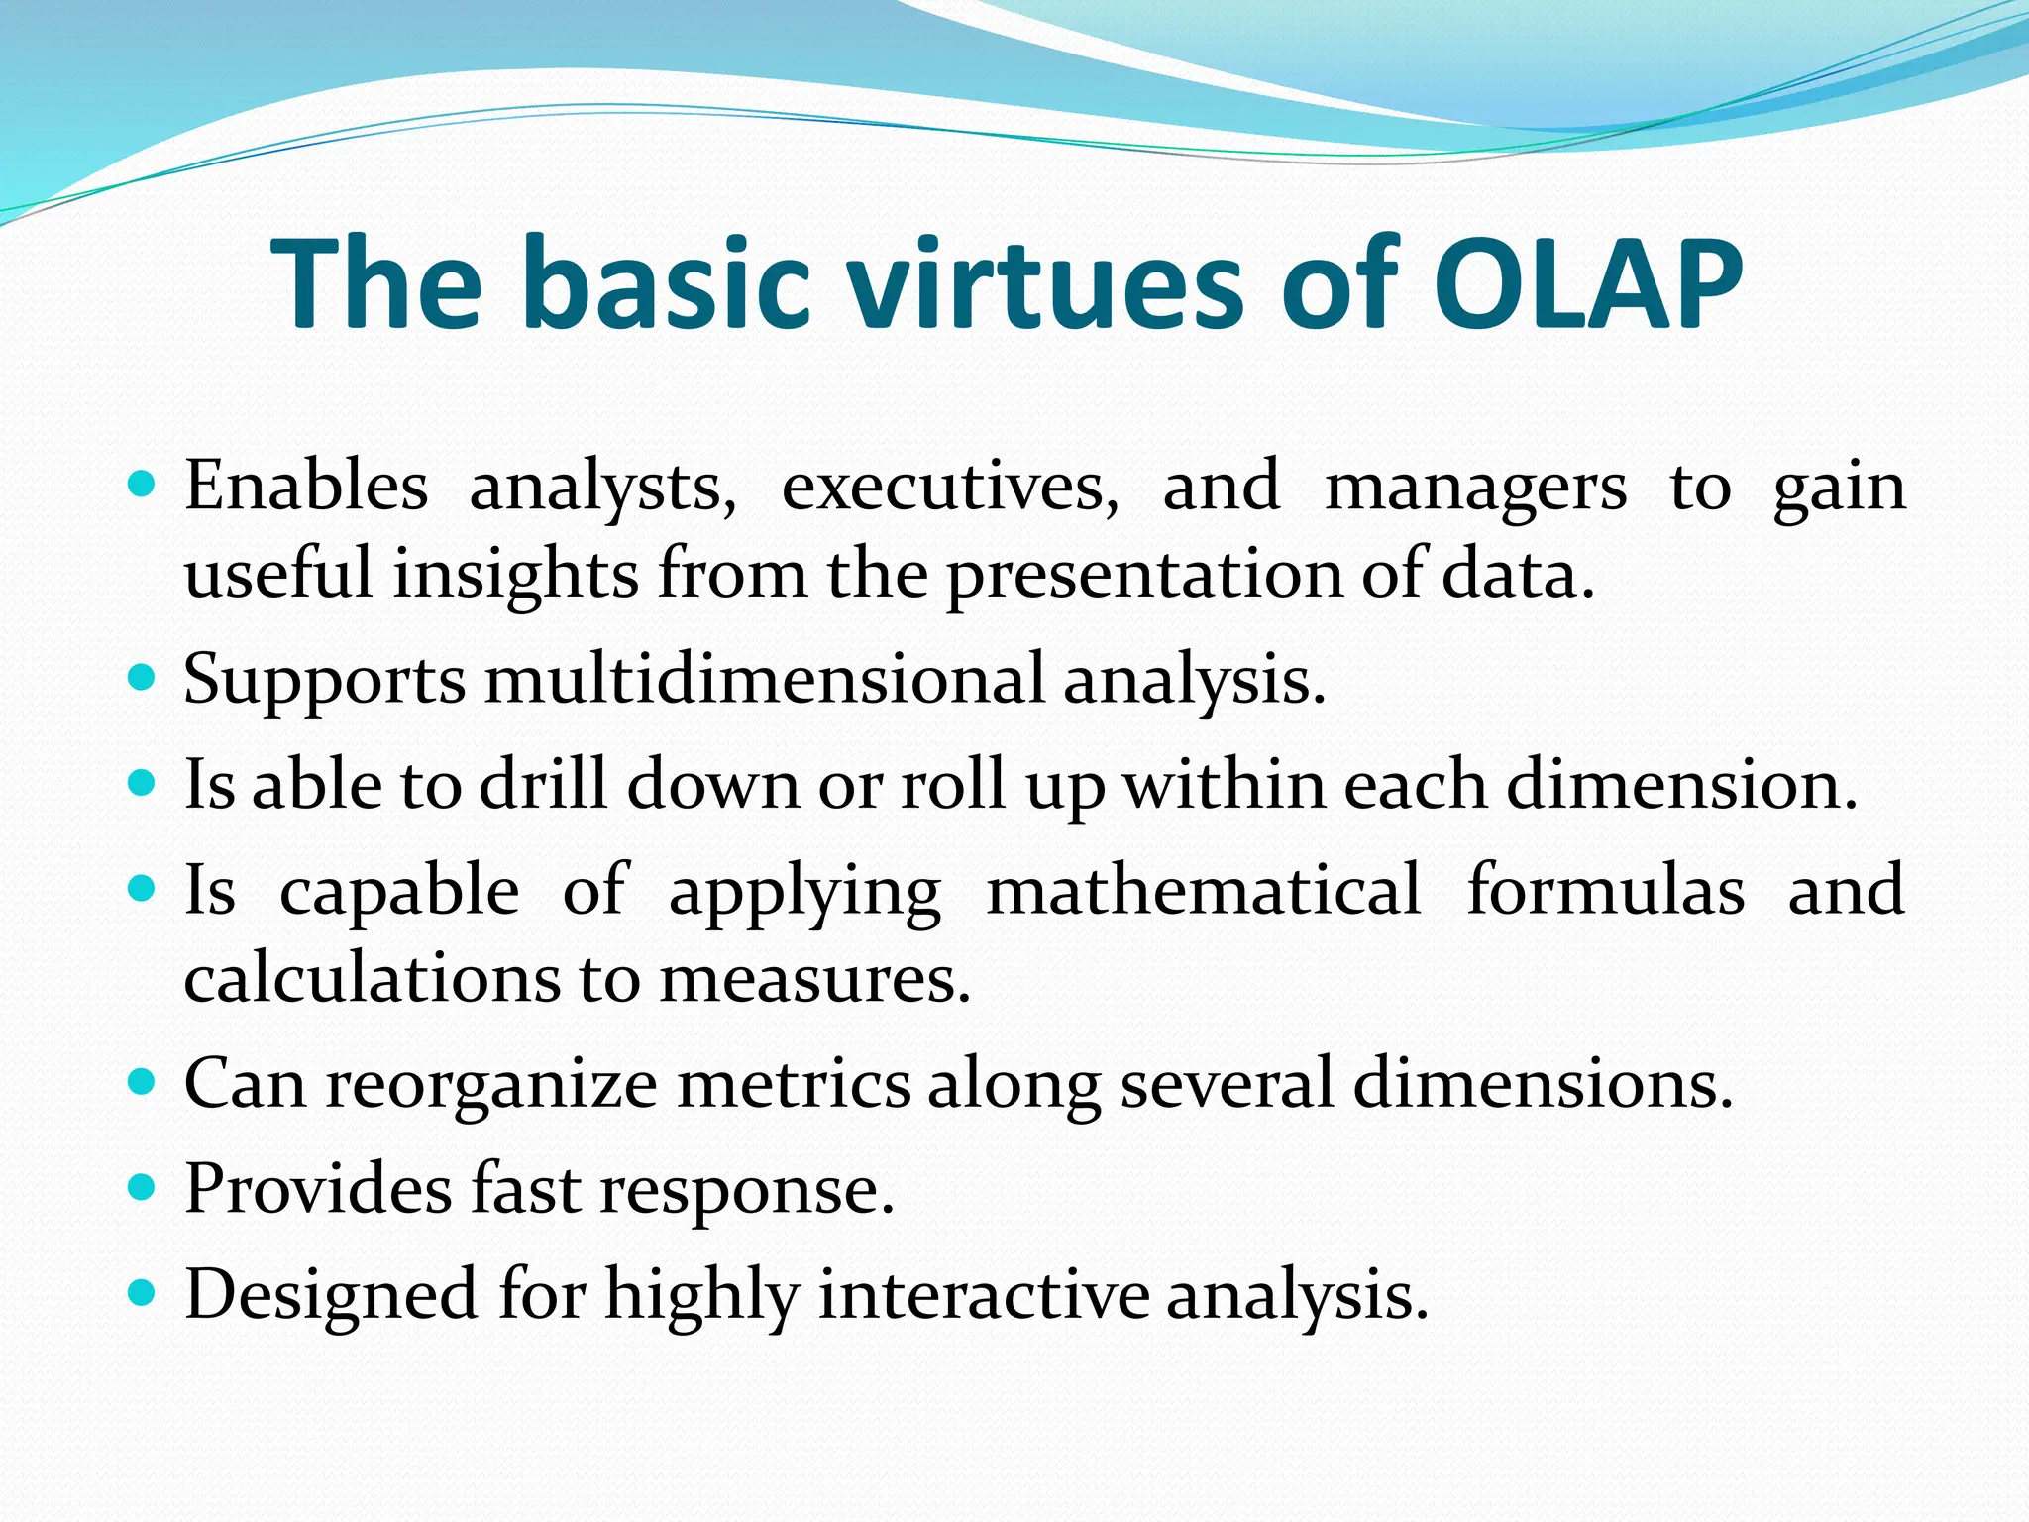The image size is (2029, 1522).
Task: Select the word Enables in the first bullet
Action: point(306,487)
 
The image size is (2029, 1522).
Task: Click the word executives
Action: point(949,489)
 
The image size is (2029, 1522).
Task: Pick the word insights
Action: point(515,576)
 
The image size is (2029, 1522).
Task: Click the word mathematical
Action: point(1204,889)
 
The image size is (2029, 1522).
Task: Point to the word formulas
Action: point(1605,889)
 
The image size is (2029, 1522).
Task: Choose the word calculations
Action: point(372,979)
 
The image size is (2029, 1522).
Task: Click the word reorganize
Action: point(491,1085)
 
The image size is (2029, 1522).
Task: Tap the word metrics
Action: point(793,1083)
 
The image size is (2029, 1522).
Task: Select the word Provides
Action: point(318,1188)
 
